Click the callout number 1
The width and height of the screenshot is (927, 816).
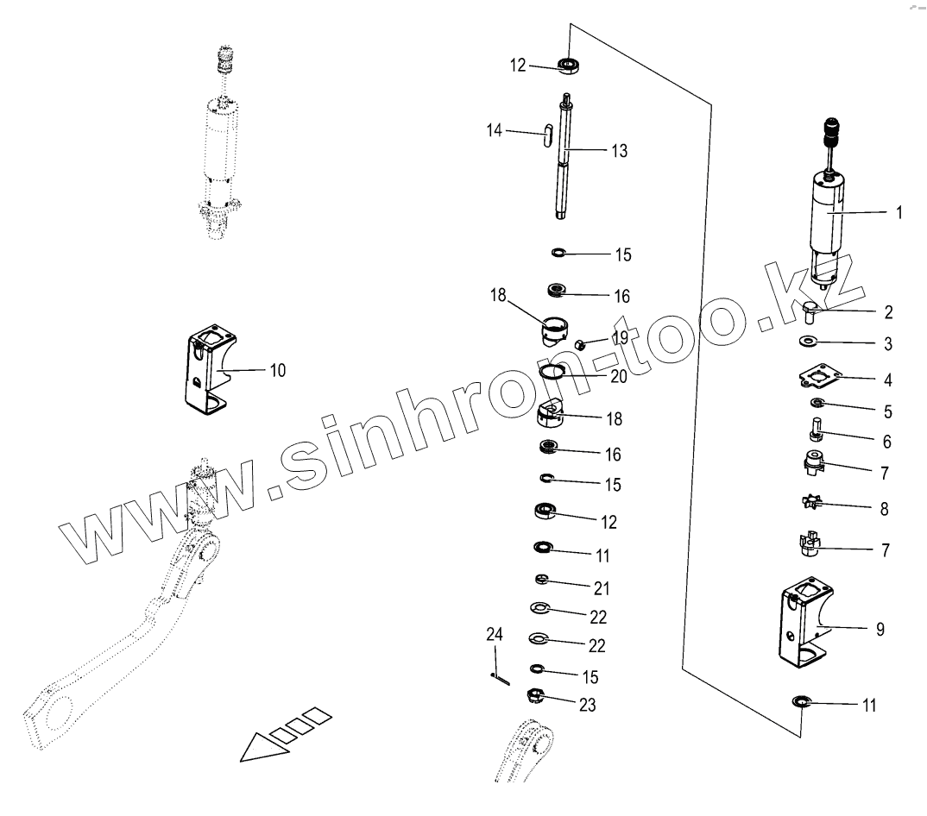[x=899, y=212]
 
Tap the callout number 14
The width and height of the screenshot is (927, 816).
[x=494, y=131]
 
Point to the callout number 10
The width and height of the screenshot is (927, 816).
[x=277, y=371]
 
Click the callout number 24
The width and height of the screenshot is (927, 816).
[x=494, y=636]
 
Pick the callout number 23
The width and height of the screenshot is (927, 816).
[x=587, y=705]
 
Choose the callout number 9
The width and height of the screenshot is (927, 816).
[x=880, y=630]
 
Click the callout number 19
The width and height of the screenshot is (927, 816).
[x=620, y=336]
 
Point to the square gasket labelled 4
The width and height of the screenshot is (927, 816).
[x=820, y=377]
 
